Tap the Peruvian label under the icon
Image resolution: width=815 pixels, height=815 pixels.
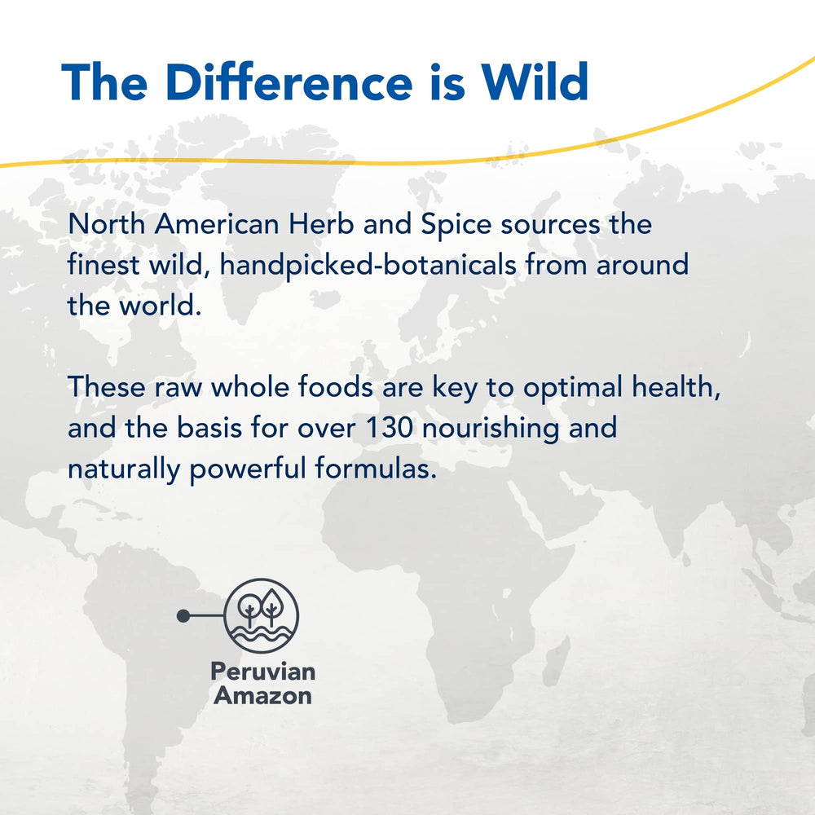[x=262, y=672]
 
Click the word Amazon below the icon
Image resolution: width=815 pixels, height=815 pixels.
[x=262, y=696]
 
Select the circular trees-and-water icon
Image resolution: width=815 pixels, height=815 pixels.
[x=262, y=615]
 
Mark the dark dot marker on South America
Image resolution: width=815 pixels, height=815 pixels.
[x=183, y=615]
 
